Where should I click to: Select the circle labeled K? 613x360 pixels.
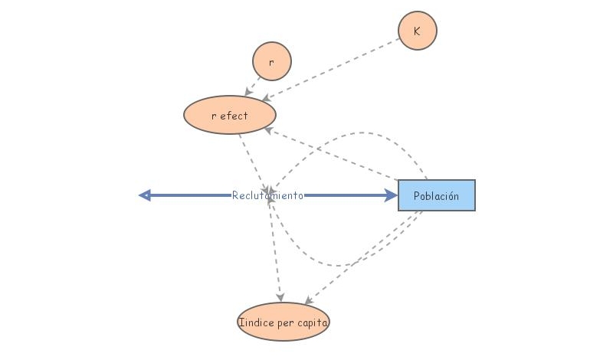click(x=418, y=31)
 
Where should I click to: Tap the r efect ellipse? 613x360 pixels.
click(x=230, y=116)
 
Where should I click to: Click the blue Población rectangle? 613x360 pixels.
click(x=437, y=195)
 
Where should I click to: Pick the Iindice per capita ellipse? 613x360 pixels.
click(x=284, y=322)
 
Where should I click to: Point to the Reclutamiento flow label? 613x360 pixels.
click(x=268, y=195)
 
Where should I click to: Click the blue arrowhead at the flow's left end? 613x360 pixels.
click(x=144, y=195)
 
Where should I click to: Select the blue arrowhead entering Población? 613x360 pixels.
click(x=392, y=195)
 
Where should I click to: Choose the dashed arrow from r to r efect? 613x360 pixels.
click(x=251, y=89)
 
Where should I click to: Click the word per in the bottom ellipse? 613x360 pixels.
click(x=287, y=323)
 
